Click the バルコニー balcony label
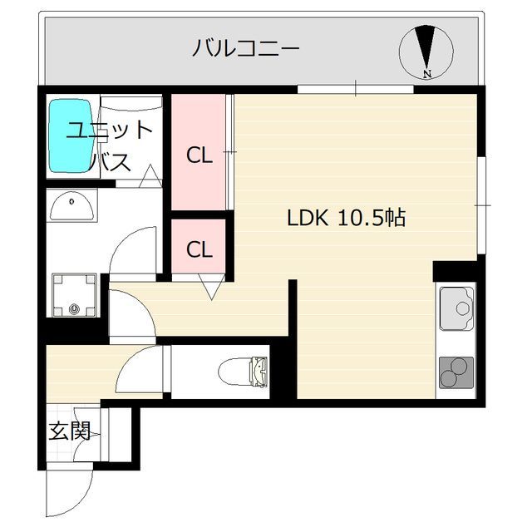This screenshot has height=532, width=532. tap(246, 47)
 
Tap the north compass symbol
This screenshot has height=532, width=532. tap(426, 48)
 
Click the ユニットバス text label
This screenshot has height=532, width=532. tap(111, 145)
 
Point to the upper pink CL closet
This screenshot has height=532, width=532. tap(198, 154)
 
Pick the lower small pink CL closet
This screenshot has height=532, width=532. tap(198, 248)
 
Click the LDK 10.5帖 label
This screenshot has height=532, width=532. tap(346, 219)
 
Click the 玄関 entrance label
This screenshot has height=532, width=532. tap(68, 431)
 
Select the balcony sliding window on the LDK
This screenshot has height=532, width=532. tap(355, 88)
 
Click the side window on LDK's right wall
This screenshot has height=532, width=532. tap(481, 204)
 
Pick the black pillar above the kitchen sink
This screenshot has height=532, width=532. tap(454, 271)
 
